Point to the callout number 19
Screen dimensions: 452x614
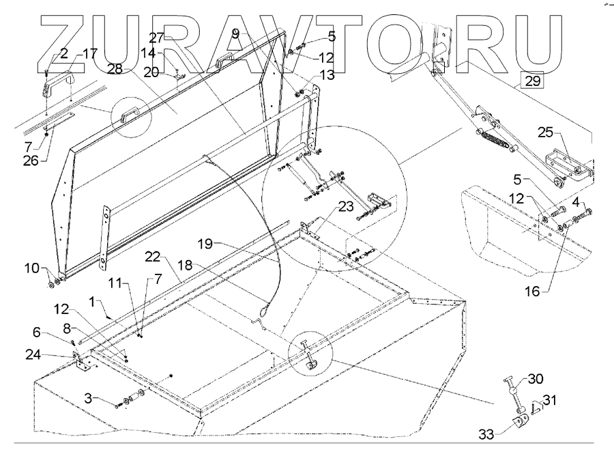click(x=206, y=242)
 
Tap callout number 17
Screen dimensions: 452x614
click(x=90, y=53)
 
